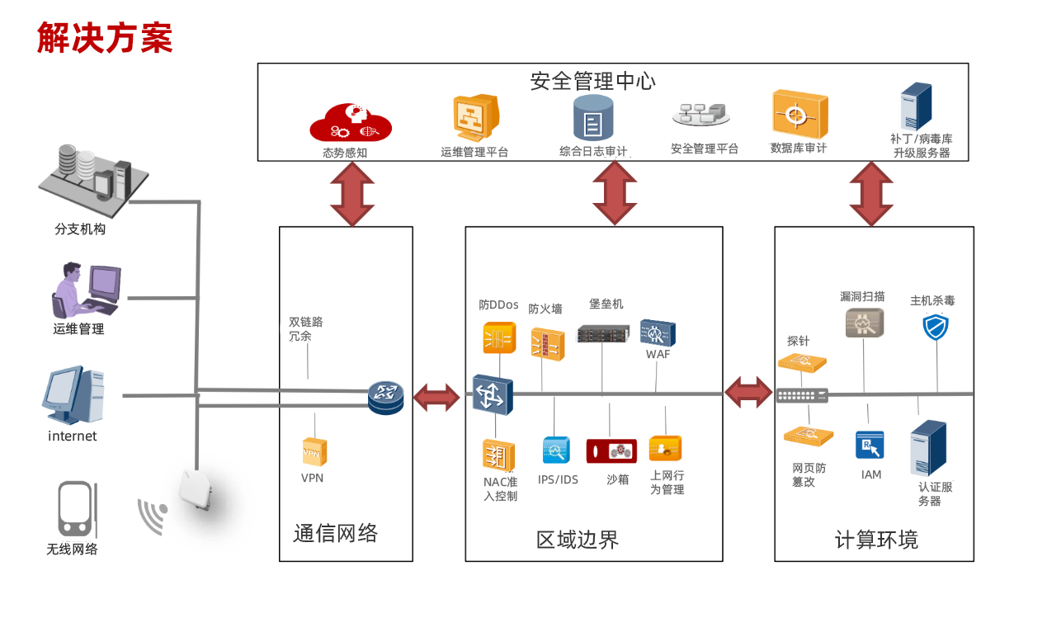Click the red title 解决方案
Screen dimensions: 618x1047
[105, 38]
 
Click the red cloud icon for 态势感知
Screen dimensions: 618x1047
[350, 122]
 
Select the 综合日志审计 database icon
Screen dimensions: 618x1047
[593, 118]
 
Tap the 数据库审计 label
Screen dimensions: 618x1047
[798, 149]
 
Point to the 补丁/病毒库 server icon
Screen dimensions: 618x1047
[916, 106]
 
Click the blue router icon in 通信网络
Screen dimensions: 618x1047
[385, 398]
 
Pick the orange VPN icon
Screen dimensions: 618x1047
[314, 452]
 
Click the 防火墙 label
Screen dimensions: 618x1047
[545, 309]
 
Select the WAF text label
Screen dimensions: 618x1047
[658, 355]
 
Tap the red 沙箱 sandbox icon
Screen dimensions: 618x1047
[611, 451]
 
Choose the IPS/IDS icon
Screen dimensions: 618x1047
[556, 451]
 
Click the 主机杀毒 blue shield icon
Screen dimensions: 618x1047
[936, 328]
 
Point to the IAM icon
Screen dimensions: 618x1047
[870, 445]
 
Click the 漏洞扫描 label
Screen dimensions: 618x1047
[862, 296]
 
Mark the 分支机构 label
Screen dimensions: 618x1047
[80, 229]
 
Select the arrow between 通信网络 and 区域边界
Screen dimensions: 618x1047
[436, 397]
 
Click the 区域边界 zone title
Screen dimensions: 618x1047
[577, 540]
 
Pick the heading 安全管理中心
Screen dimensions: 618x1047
[592, 81]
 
